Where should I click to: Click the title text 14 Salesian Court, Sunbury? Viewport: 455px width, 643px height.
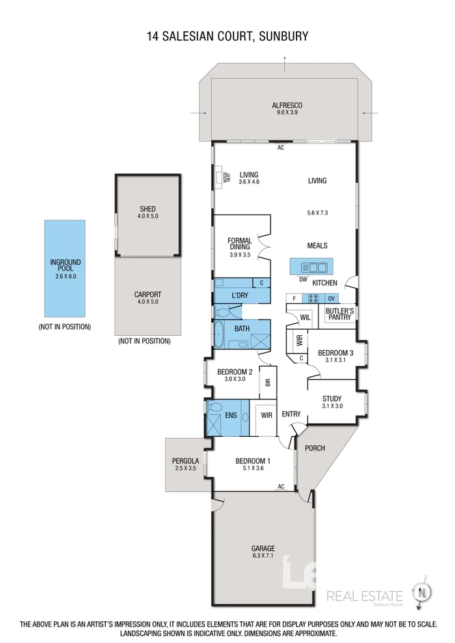coord(227,36)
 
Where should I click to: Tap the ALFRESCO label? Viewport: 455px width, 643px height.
coord(287,105)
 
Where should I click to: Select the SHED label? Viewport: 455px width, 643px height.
coord(148,209)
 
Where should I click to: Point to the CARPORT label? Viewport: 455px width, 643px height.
coord(148,295)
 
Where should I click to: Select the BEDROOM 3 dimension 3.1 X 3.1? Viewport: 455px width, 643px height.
coord(336,360)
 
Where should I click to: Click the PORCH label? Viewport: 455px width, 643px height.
coord(316,448)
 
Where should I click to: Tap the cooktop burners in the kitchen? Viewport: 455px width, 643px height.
coord(313,298)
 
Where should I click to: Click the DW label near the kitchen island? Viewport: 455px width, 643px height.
coord(303,278)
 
